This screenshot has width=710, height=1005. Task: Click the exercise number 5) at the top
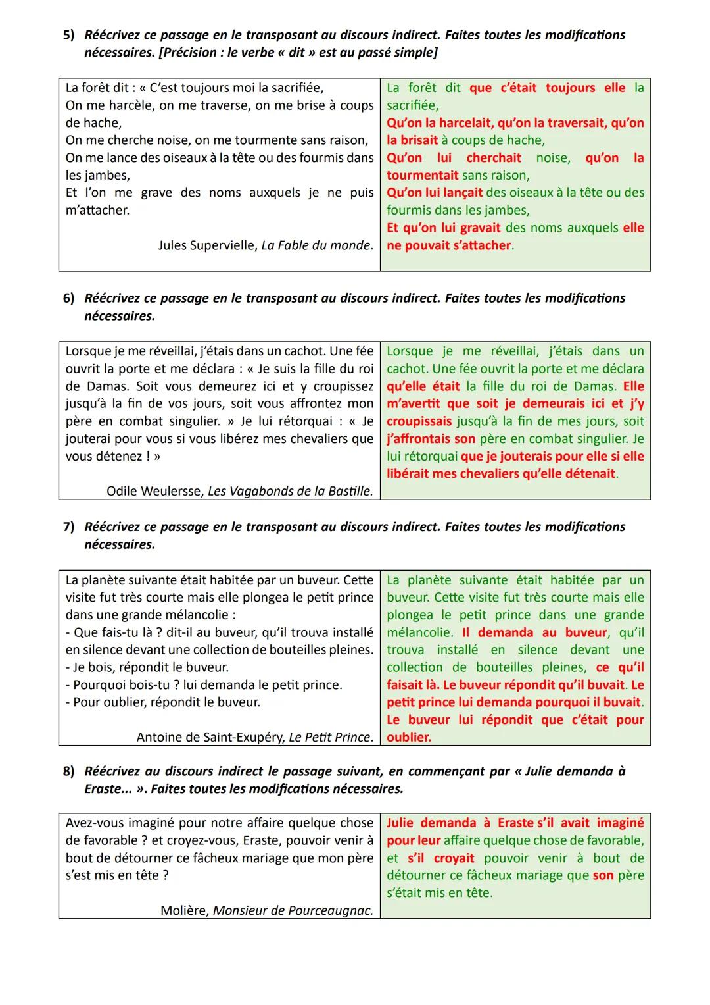pos(69,35)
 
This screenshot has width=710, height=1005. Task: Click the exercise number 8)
pos(69,771)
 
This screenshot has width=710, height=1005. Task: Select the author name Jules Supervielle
pos(208,245)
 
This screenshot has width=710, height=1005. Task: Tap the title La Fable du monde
pos(317,245)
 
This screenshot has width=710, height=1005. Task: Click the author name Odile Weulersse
pos(154,491)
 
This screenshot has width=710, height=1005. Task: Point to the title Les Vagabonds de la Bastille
pos(290,491)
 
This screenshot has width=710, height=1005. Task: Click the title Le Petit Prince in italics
pos(331,737)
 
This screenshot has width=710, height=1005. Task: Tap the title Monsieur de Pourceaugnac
pos(293,911)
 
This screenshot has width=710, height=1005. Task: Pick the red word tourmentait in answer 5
pos(422,176)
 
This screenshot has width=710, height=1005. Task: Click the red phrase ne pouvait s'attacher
pos(448,245)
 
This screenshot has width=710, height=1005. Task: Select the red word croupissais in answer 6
pos(419,421)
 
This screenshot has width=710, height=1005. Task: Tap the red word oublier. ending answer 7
pos(409,738)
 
